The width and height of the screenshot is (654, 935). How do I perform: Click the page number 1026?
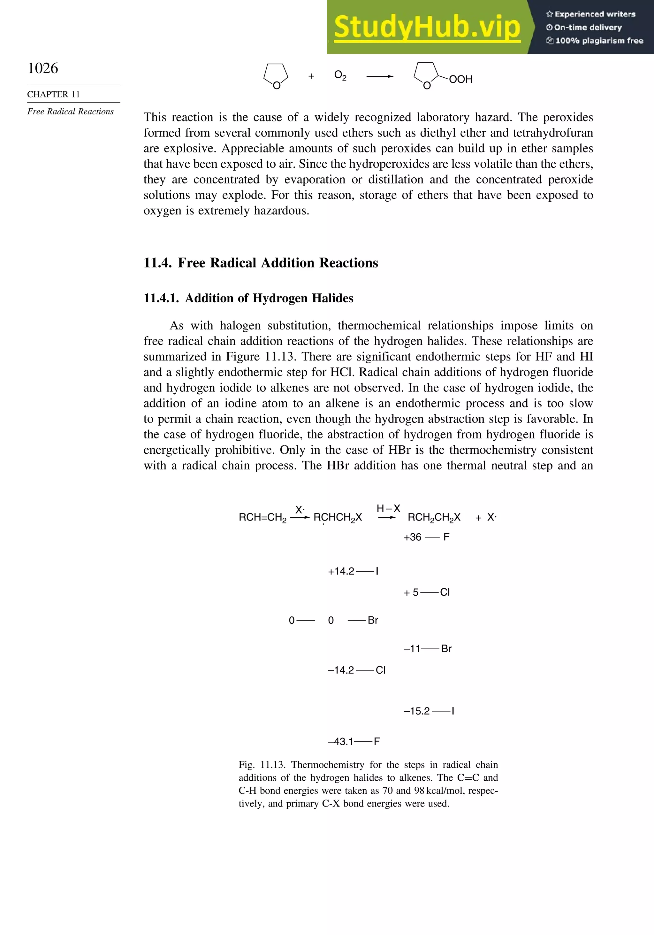[43, 68]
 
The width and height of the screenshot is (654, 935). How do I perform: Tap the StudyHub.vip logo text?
[427, 28]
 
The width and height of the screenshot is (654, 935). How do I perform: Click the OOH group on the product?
[461, 80]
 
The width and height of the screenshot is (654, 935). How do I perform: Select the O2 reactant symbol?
[340, 75]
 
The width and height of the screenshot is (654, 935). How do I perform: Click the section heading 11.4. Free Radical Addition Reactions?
[261, 263]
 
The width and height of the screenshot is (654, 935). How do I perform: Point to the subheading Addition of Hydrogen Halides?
[269, 298]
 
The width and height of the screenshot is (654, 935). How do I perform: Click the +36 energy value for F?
[412, 537]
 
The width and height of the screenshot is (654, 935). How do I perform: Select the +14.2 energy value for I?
[341, 571]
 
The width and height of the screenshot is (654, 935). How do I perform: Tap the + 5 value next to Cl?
[411, 592]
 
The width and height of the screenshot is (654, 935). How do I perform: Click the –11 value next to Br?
[412, 649]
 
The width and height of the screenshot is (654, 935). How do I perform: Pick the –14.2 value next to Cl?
[341, 670]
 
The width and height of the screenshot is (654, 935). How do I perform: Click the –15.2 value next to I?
[417, 711]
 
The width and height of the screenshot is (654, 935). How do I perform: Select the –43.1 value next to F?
[341, 742]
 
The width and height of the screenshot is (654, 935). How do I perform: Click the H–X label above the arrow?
[388, 509]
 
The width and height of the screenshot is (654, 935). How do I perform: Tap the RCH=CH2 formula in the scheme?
[262, 518]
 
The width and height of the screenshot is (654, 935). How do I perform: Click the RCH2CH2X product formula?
[434, 518]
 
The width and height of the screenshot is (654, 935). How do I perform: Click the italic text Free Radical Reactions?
[70, 112]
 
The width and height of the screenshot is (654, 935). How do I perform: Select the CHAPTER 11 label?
[53, 95]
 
